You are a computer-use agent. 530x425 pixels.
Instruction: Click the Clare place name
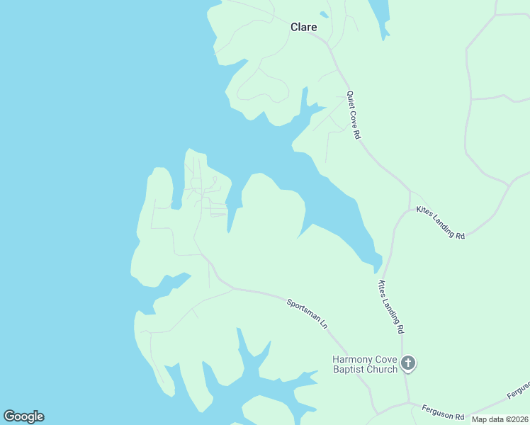pyautogui.click(x=303, y=27)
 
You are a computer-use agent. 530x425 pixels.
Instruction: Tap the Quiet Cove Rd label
pyautogui.click(x=354, y=115)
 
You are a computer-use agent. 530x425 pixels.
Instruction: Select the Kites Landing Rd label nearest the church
pyautogui.click(x=390, y=307)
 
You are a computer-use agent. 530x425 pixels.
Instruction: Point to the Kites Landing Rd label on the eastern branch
pyautogui.click(x=440, y=222)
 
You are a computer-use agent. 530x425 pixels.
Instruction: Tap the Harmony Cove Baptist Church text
pyautogui.click(x=365, y=364)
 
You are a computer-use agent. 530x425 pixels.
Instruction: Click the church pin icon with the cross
pyautogui.click(x=407, y=364)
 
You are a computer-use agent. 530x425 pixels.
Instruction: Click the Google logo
pyautogui.click(x=23, y=416)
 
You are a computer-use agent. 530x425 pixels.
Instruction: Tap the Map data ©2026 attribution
pyautogui.click(x=499, y=419)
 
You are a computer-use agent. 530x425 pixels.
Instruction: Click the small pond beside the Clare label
pyautogui.click(x=324, y=14)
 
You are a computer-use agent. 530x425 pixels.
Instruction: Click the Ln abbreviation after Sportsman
pyautogui.click(x=324, y=324)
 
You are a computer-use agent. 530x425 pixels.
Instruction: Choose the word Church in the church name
pyautogui.click(x=383, y=369)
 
